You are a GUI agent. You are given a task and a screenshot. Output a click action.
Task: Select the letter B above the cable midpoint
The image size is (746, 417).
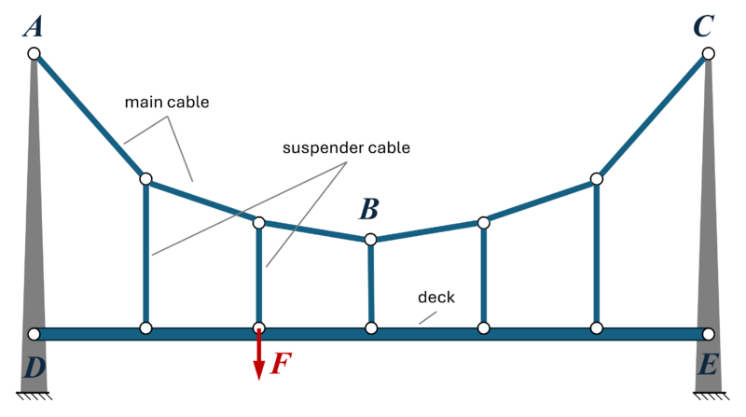coord(369,207)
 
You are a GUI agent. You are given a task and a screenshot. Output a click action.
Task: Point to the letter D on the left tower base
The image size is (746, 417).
coord(34,368)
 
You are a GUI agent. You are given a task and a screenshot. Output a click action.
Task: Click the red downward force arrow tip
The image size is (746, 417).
coord(259,377)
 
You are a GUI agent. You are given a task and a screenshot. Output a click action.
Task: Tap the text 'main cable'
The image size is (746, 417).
coord(168,102)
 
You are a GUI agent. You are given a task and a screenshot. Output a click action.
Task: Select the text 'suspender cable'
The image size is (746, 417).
coord(346,147)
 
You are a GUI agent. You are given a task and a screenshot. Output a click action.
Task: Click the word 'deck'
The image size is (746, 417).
coord(435,298)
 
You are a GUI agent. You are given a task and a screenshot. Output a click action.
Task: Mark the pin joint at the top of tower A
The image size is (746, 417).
coord(34,54)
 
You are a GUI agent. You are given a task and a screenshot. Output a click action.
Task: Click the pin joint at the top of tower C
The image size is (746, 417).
coord(708,54)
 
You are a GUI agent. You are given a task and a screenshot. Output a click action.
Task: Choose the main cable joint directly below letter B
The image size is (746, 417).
coord(370,240)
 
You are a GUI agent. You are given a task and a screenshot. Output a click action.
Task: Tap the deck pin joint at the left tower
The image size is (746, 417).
coord(34,334)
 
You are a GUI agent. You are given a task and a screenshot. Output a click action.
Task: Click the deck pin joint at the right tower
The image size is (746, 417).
coord(708,334)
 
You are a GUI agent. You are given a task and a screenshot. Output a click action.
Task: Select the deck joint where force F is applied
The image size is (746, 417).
coord(259,328)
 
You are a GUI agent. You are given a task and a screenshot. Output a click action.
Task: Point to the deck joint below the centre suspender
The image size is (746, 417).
coord(371,328)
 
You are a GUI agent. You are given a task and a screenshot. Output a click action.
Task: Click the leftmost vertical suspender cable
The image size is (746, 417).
coord(145,252)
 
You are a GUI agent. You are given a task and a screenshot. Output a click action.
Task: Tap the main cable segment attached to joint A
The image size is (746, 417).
coord(89,115)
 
